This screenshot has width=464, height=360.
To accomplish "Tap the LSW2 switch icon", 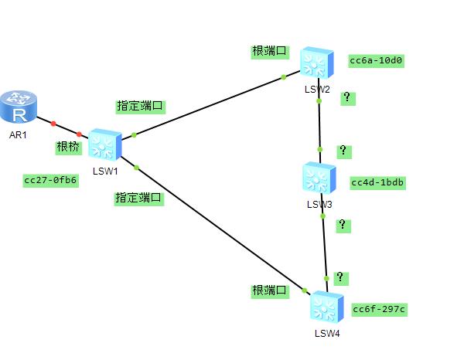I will pyautogui.click(x=318, y=62).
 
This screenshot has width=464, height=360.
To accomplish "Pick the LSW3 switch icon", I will pyautogui.click(x=319, y=178).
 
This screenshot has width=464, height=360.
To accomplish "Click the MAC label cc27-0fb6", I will pyautogui.click(x=51, y=180).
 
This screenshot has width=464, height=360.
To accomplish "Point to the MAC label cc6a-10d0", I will pyautogui.click(x=377, y=60).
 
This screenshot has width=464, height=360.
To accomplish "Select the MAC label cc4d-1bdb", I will pyautogui.click(x=378, y=182).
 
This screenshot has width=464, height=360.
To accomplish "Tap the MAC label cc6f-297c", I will pyautogui.click(x=379, y=309).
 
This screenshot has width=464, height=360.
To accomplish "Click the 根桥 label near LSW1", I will pyautogui.click(x=67, y=146).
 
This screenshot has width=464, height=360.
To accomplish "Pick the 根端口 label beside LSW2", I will pyautogui.click(x=270, y=52).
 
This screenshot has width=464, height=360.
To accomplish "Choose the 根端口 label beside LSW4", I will pyautogui.click(x=270, y=290).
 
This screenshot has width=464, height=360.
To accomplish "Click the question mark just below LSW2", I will pyautogui.click(x=347, y=97).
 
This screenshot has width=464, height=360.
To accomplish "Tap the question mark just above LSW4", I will pyautogui.click(x=339, y=277).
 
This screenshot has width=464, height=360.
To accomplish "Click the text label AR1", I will pyautogui.click(x=19, y=134).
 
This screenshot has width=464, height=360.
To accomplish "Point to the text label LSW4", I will pyautogui.click(x=326, y=334).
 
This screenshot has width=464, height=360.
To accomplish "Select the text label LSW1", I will pyautogui.click(x=104, y=171).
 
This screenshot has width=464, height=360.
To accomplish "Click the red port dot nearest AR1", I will pyautogui.click(x=53, y=123).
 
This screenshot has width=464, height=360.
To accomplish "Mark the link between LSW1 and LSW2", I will pyautogui.click(x=209, y=106).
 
